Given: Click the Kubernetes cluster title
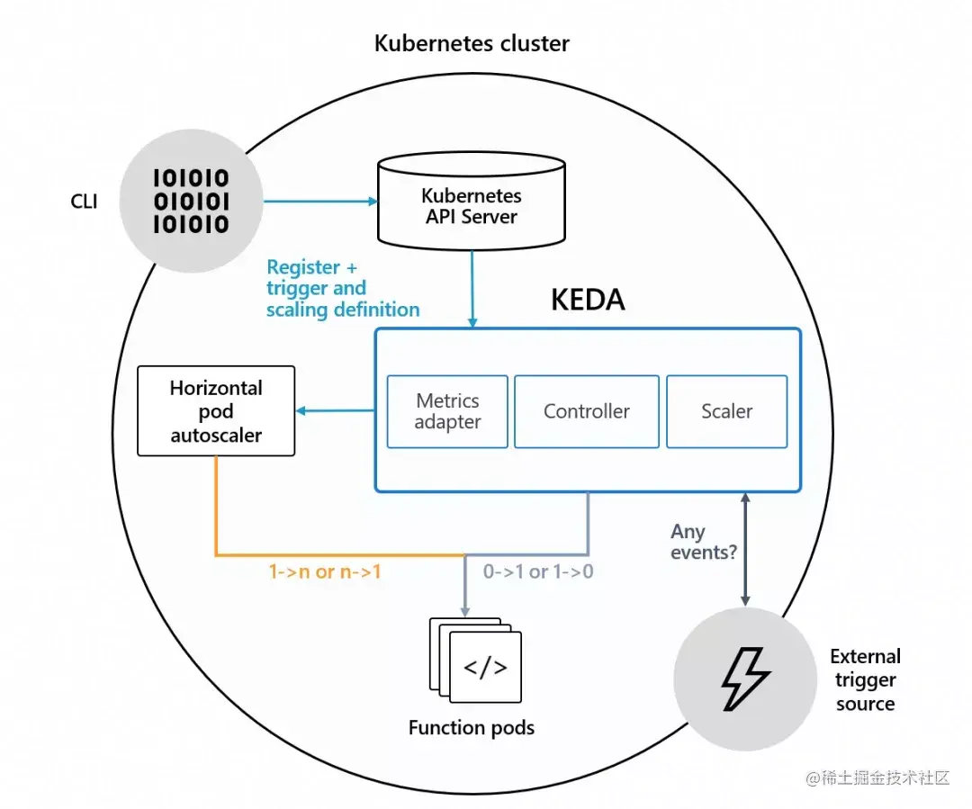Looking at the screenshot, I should pos(472,43).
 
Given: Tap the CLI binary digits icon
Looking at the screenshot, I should pos(190,200).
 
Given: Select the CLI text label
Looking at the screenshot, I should pos(84,201).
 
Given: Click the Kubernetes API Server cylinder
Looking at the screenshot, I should pos(471,204).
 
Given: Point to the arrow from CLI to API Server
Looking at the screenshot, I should pos(319,202).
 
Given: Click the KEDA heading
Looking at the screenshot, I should pos(587,300).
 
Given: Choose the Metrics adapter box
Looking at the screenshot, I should pos(447,411).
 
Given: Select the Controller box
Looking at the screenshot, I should pos(586,411).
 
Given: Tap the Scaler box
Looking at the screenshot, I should pos(726,411).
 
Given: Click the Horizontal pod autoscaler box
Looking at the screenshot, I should pos(216,411).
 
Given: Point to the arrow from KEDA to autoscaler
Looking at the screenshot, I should pos(335,411).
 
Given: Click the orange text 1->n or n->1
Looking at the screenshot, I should pos(325,571).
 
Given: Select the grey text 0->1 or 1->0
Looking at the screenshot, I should pos(538,571).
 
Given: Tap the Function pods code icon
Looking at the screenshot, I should pos(485,667).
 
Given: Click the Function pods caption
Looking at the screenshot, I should pos(471,727).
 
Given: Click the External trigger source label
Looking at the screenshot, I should pos(865,680).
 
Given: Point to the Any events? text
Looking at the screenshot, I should pos(703,542).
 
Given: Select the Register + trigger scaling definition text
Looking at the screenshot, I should pos(343,288).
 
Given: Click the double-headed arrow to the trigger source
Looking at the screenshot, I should pos(745,549).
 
